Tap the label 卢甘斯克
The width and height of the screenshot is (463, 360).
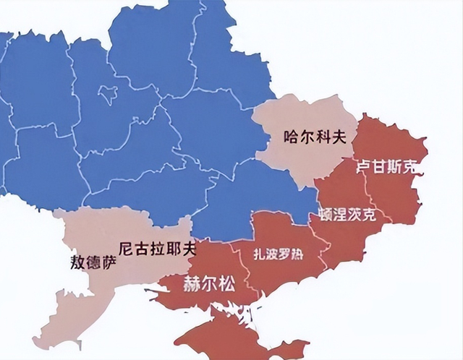tap(387, 167)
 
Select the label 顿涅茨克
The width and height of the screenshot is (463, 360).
tap(347, 215)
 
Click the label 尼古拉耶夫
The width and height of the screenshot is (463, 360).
tap(158, 247)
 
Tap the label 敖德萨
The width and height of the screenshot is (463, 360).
tap(92, 262)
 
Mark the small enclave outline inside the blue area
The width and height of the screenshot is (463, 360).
tap(110, 93)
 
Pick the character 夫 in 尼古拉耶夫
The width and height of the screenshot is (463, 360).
tap(189, 247)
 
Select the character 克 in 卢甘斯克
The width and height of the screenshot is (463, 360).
tap(410, 167)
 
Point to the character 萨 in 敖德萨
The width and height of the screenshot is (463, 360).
tap(108, 262)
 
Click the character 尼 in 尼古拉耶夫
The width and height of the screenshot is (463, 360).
tap(127, 247)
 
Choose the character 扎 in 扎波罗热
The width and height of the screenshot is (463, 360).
tap(260, 254)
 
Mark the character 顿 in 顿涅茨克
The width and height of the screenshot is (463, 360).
tap(326, 215)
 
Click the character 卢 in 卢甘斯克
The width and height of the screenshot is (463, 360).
tap(364, 167)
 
